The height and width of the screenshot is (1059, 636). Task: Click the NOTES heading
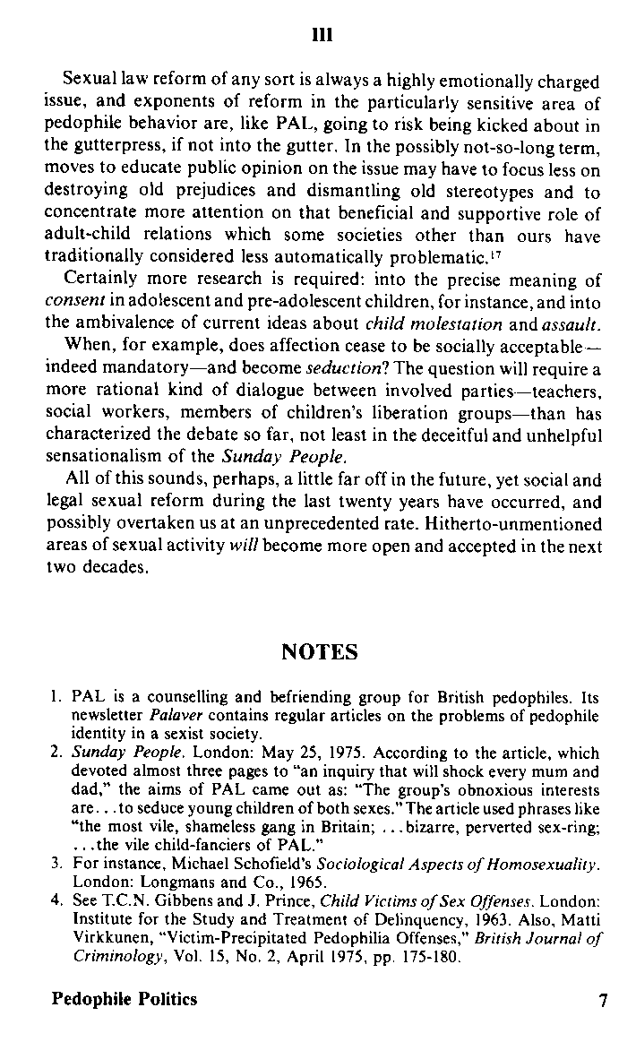pyautogui.click(x=320, y=652)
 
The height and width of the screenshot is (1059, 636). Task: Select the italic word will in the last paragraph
pyautogui.click(x=244, y=547)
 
